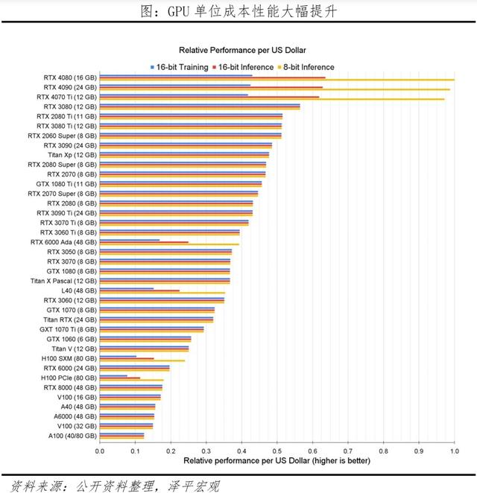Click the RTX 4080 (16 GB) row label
[x=69, y=77]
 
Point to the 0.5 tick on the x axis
[x=277, y=451]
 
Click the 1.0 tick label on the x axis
[x=454, y=451]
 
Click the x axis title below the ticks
[x=277, y=462]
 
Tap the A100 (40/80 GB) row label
[x=68, y=436]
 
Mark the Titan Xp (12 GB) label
[x=77, y=155]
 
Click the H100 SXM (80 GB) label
[x=68, y=358]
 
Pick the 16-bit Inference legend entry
[x=242, y=67]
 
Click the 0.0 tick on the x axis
[x=100, y=451]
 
